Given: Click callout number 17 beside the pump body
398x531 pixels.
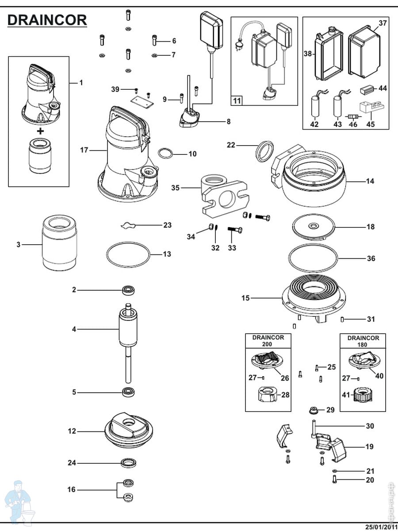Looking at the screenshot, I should [84, 150].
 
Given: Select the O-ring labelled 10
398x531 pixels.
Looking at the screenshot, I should [165, 154].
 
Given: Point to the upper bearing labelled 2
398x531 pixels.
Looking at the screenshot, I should [128, 290].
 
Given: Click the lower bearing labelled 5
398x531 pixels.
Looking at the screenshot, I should [128, 392].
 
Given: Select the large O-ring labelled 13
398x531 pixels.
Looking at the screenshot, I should [128, 254].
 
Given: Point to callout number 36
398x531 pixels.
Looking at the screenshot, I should [371, 258].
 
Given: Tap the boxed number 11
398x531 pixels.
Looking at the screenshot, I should [237, 101].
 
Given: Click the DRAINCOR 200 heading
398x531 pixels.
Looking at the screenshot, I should [268, 341].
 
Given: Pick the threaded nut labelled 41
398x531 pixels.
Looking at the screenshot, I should [362, 394].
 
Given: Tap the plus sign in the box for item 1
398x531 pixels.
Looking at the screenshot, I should [41, 131].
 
